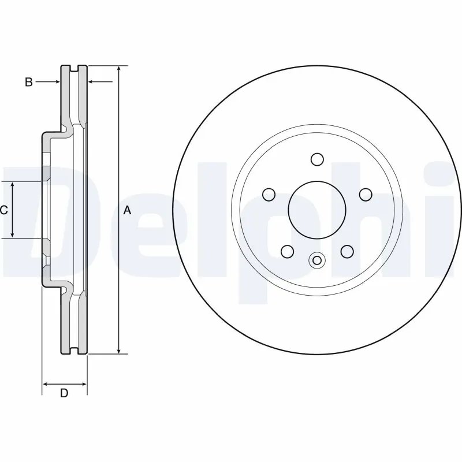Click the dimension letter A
click(x=128, y=211)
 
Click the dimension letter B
click(x=28, y=82)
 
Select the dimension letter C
click(x=4, y=210)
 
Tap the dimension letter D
click(x=65, y=393)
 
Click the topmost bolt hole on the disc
click(x=316, y=159)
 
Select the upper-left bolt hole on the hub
click(x=269, y=194)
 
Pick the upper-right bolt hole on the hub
click(x=364, y=194)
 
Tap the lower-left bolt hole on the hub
click(x=286, y=251)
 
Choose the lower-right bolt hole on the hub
click(x=346, y=251)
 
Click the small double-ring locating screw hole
click(x=316, y=260)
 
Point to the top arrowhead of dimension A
click(x=118, y=69)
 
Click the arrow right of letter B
click(x=48, y=82)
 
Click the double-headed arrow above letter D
click(x=65, y=383)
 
